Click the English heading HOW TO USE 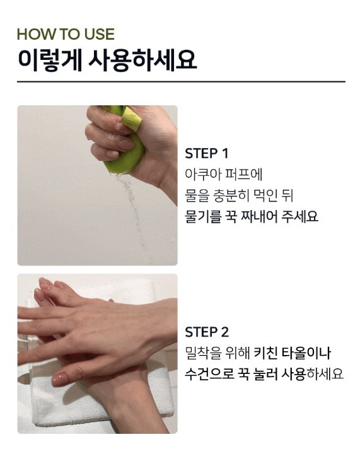click(66, 34)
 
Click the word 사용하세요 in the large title click(143, 60)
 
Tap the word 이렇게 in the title click(50, 60)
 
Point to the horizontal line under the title click(181, 81)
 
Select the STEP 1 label click(206, 153)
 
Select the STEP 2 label click(207, 332)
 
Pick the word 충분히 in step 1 click(231, 195)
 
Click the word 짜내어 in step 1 click(257, 216)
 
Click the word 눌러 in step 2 click(264, 374)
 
